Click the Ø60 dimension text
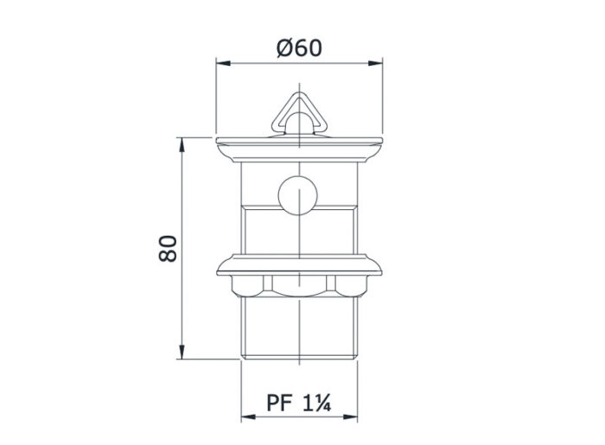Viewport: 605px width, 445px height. (x=299, y=48)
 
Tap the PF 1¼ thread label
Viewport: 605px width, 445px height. (x=299, y=403)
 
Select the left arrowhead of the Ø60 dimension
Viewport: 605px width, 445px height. (x=221, y=62)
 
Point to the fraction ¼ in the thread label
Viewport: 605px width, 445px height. (x=322, y=403)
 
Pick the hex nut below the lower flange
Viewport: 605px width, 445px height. (x=298, y=284)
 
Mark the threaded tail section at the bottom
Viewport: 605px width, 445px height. (x=298, y=328)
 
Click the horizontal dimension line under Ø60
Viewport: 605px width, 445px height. (x=259, y=62)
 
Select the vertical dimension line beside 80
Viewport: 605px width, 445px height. (x=182, y=199)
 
